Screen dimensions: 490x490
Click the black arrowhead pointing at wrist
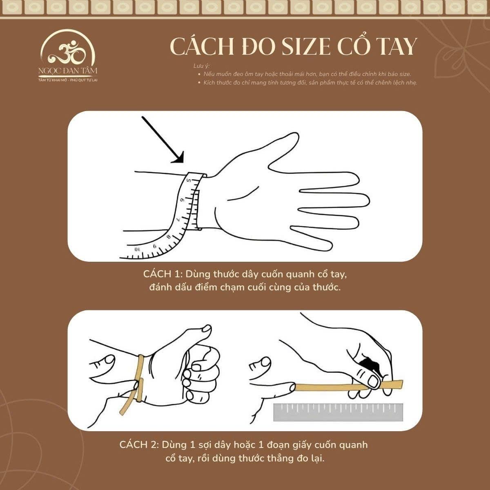tap(179, 158)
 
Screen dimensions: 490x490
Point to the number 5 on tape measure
tap(189, 180)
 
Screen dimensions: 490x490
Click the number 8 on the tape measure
tap(168, 237)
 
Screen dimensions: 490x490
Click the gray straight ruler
tap(338, 412)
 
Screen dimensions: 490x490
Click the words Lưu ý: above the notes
tap(201, 66)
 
